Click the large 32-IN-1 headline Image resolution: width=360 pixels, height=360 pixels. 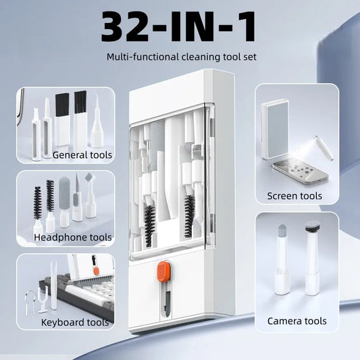pos(178,26)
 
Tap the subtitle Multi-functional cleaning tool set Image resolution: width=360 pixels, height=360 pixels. pos(182,57)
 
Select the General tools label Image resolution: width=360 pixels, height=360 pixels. pos(82,155)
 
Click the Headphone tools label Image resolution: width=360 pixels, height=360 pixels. pos(72,237)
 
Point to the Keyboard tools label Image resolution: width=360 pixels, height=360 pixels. pos(75,322)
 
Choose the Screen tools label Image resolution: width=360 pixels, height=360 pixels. pos(294,196)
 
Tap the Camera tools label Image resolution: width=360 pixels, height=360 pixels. pos(297,321)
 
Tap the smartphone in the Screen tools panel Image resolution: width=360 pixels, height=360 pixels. pos(300,172)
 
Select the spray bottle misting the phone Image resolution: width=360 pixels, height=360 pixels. pos(324,148)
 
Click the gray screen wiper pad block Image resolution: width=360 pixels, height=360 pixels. pos(275,129)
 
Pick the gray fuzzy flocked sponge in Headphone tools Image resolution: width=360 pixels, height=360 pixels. pos(64,202)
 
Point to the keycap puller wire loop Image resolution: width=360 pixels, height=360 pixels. pos(30,301)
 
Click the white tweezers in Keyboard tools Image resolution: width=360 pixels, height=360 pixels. pos(54,285)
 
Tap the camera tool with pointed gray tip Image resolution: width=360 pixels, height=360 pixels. pos(282,259)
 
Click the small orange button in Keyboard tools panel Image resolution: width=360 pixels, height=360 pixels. pos(97,271)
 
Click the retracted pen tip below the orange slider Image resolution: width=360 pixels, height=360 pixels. pos(166,299)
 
